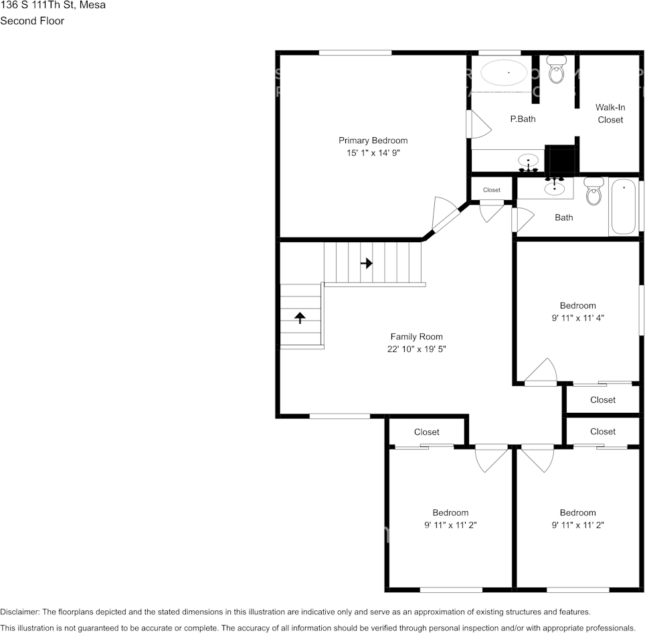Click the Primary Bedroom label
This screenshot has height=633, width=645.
point(373,141)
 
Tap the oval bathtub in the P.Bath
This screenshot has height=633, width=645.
point(504,72)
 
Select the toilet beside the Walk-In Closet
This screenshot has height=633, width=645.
point(556,70)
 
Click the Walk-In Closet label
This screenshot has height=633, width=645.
point(610,113)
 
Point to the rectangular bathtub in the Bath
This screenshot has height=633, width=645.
point(624,206)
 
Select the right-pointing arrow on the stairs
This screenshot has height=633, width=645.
point(366,263)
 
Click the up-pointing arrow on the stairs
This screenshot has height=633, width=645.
point(300,317)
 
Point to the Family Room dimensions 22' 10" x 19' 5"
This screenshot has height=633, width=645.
point(417,349)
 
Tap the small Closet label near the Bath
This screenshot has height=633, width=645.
point(492,190)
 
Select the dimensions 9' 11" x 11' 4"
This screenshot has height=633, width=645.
point(578,319)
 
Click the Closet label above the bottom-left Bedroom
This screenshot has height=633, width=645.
point(427,432)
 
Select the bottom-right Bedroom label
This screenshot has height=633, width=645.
point(577,513)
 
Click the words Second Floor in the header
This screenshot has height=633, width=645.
point(32,21)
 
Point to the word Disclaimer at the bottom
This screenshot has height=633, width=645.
point(19,612)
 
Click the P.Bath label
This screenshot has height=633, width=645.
point(523,119)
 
